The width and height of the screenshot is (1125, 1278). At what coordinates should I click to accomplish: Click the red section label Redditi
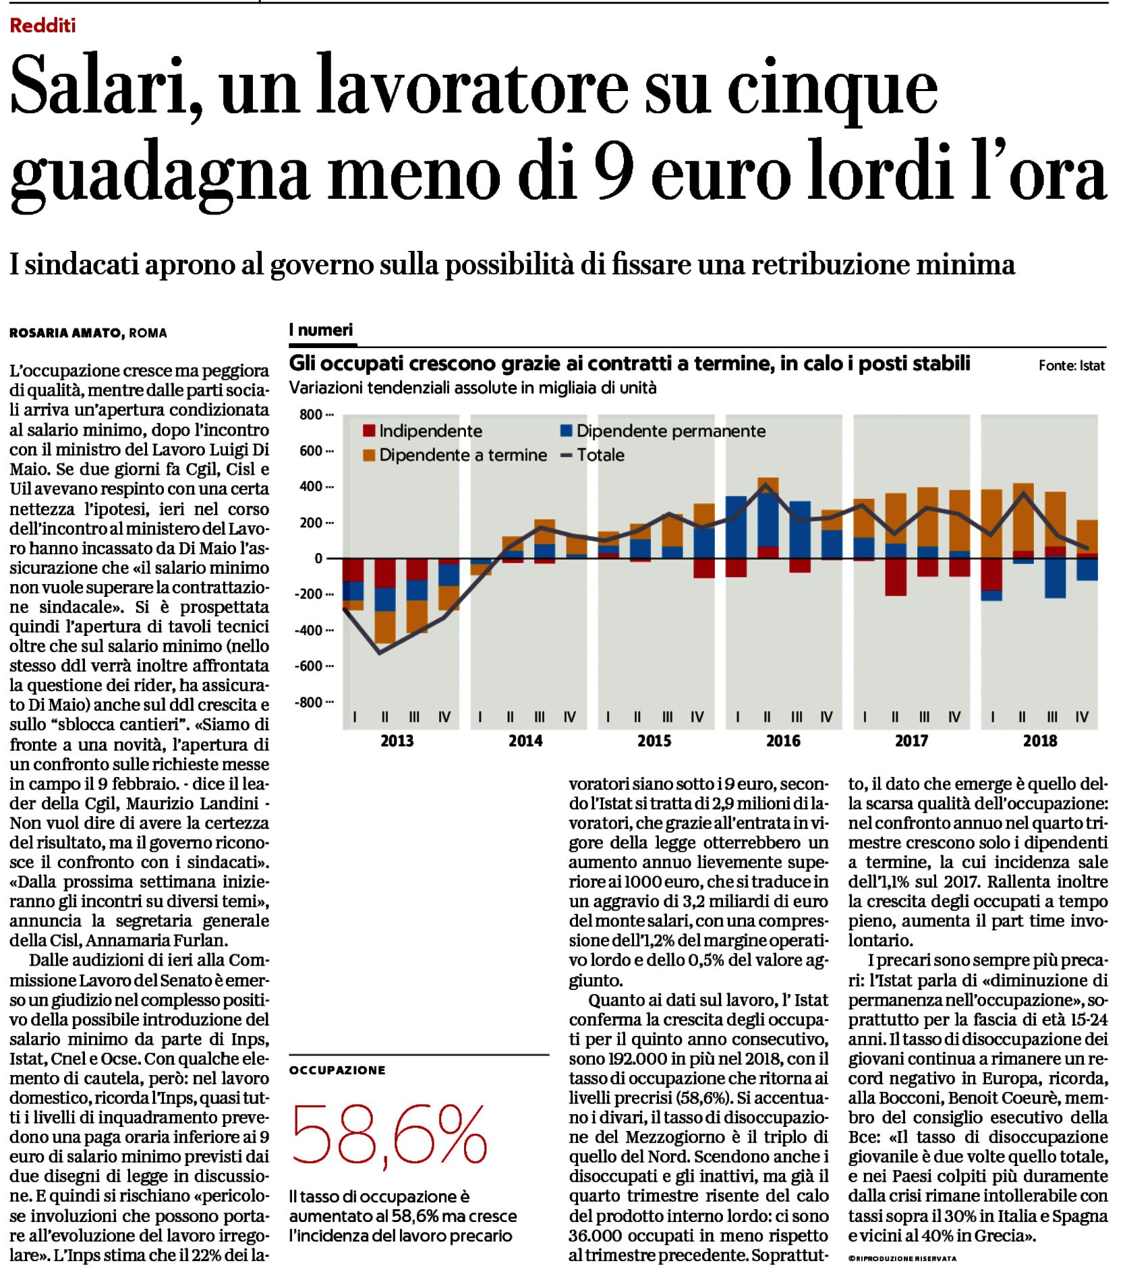coord(43,26)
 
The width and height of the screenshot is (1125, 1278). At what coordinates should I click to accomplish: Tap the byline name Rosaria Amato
coord(65,333)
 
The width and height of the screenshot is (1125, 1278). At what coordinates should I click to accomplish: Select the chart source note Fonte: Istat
coord(1072,366)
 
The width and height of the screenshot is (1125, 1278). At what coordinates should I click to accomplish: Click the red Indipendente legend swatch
coord(369,431)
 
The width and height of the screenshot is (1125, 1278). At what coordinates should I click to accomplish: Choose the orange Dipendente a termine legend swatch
coord(369,455)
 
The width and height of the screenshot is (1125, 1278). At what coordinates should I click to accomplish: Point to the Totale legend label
coord(601,455)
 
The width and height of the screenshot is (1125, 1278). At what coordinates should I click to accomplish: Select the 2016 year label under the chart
coord(783,741)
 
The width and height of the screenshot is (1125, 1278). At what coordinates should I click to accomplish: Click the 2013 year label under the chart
coord(397,741)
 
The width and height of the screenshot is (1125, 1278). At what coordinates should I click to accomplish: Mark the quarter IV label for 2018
coord(1082,717)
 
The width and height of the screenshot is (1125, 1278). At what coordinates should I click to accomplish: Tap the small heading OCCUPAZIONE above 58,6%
coord(337,1070)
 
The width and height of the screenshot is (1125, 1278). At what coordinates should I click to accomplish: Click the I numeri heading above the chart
coord(321,330)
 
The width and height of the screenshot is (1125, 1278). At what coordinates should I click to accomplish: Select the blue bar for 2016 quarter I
coord(736,527)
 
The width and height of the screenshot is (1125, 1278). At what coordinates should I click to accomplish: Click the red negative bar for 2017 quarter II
coord(896,577)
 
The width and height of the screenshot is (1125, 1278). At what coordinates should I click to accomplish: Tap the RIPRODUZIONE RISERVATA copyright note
coord(902,1258)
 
